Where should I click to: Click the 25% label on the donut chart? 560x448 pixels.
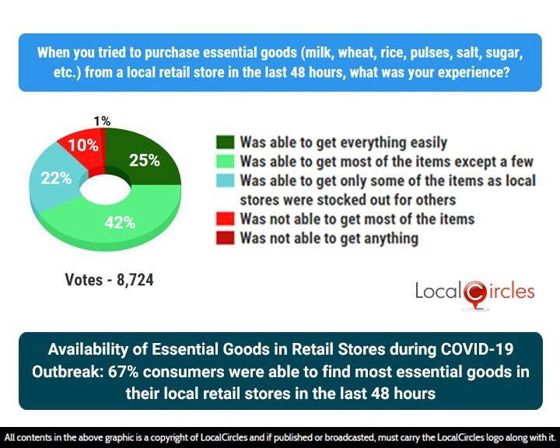(145, 161)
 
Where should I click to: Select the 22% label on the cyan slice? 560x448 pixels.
(57, 178)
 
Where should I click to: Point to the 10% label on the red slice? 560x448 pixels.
(83, 145)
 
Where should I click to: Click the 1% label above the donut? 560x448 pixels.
(102, 121)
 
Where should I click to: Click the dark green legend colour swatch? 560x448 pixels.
(225, 142)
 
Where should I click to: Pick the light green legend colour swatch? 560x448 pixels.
(225, 162)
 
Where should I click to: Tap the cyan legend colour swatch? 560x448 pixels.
(225, 181)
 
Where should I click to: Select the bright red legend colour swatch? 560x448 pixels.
(225, 219)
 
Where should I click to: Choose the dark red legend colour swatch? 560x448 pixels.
(225, 238)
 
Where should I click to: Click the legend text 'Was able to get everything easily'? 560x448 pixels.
(343, 142)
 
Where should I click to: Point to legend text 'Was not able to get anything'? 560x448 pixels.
(329, 238)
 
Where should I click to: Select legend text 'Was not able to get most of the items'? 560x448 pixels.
(357, 219)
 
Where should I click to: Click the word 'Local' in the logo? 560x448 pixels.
(439, 292)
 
